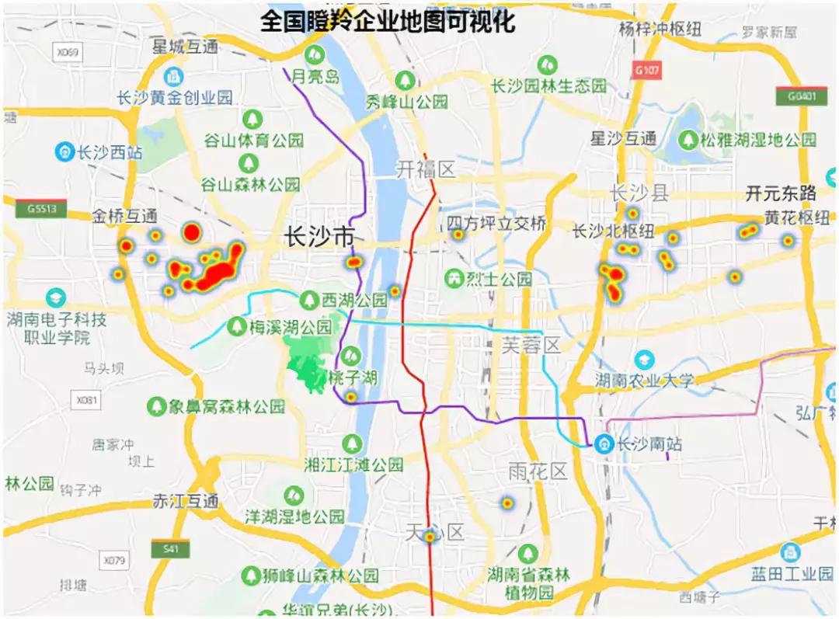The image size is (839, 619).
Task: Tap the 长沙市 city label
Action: click(319, 236)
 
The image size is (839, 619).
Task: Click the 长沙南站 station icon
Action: click(604, 443)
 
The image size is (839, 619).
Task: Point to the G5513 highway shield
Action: click(40, 208)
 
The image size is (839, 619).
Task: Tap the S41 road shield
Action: click(171, 548)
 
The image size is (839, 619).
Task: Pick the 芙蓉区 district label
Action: click(531, 344)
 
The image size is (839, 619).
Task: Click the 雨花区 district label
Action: click(538, 471)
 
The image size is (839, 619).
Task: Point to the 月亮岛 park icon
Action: click(315, 54)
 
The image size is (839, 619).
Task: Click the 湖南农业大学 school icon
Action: click(644, 360)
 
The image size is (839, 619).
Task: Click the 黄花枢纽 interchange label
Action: click(796, 218)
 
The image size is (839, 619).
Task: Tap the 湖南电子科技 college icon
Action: click(55, 297)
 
